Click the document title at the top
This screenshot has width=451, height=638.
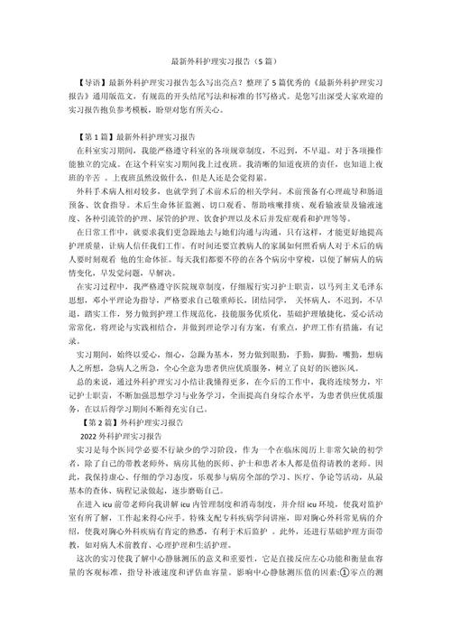pos(225,63)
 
